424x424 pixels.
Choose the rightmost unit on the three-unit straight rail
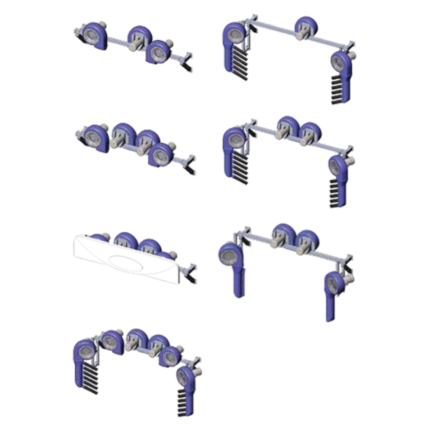158,51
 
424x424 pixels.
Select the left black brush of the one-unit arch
240,63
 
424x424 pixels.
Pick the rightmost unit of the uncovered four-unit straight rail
161,154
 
